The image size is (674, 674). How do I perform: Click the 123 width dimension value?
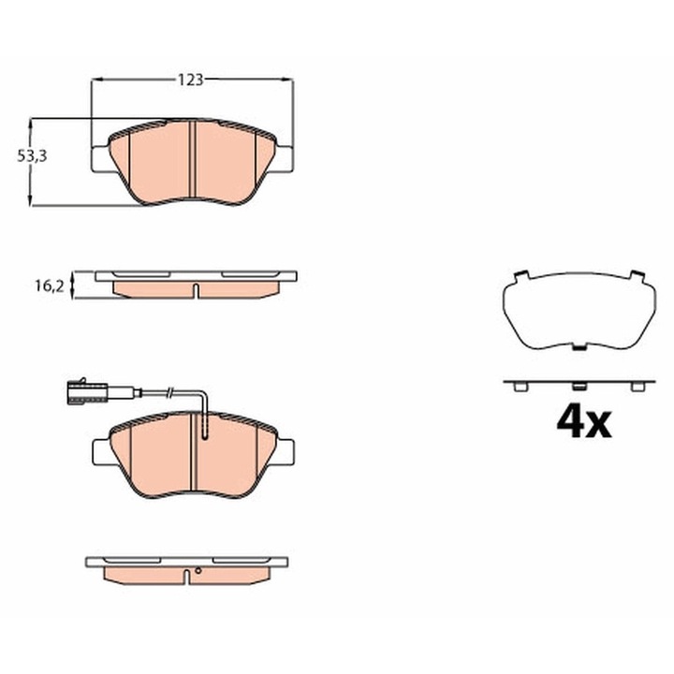pos(190,80)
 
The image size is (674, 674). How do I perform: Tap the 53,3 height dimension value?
pos(32,156)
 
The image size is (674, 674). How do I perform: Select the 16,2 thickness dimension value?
pos(50,286)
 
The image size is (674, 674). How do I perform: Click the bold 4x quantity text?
pos(583,422)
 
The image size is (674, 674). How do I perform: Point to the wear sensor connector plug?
pos(85,391)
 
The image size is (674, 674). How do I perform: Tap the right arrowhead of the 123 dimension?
pos(286,80)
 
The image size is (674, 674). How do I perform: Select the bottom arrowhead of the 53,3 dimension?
pos(30,200)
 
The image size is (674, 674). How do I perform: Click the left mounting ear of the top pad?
pos(101,159)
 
